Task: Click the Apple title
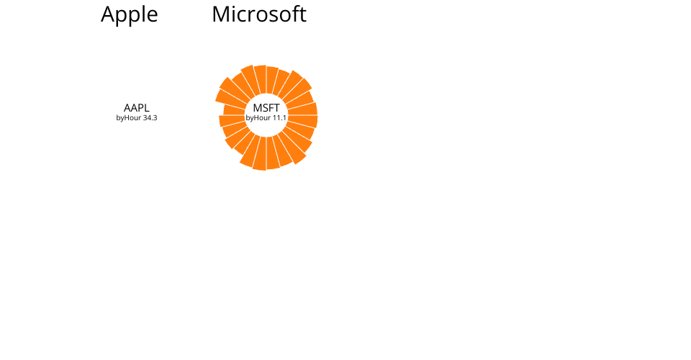click(x=130, y=14)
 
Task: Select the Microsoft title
click(x=259, y=14)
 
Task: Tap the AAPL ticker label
click(x=137, y=107)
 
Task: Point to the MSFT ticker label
click(x=266, y=107)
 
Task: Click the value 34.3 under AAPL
click(x=150, y=118)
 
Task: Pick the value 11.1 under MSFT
click(x=279, y=118)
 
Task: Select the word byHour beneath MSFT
click(x=258, y=118)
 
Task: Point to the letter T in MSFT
click(x=276, y=107)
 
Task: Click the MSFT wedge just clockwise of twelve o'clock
click(x=272, y=79)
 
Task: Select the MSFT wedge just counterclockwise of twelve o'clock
click(x=260, y=78)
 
